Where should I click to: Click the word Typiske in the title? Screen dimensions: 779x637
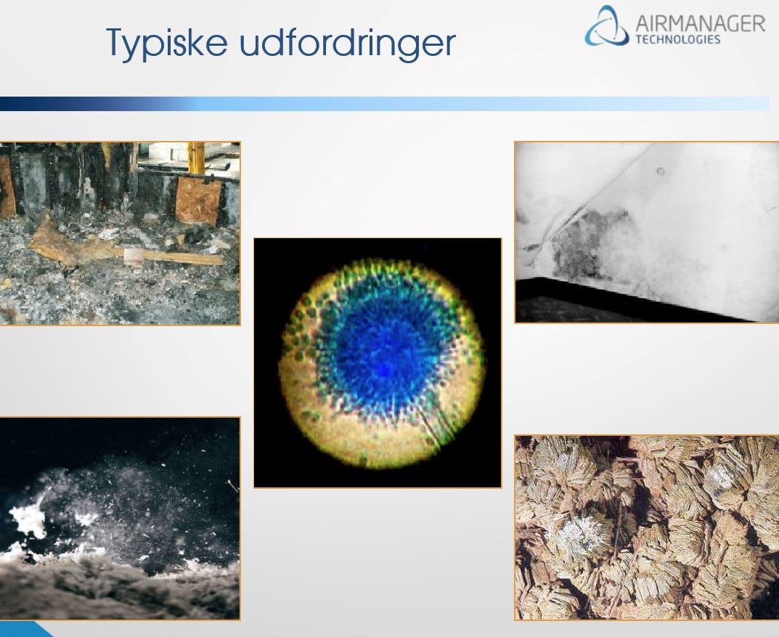tap(166, 44)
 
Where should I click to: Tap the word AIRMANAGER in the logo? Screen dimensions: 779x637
tap(700, 24)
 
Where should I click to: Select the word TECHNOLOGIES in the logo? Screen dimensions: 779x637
tap(677, 40)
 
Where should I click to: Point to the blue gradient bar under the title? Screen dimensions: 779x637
tap(385, 104)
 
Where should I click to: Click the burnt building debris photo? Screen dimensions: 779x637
tap(120, 234)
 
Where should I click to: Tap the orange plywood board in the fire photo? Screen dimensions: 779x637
tap(198, 200)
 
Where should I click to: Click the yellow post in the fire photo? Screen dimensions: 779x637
tap(196, 158)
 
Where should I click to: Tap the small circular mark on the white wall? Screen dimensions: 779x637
tap(660, 171)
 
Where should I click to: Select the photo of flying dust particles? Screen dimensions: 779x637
tap(120, 519)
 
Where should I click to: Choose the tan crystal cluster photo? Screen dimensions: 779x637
tap(647, 528)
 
